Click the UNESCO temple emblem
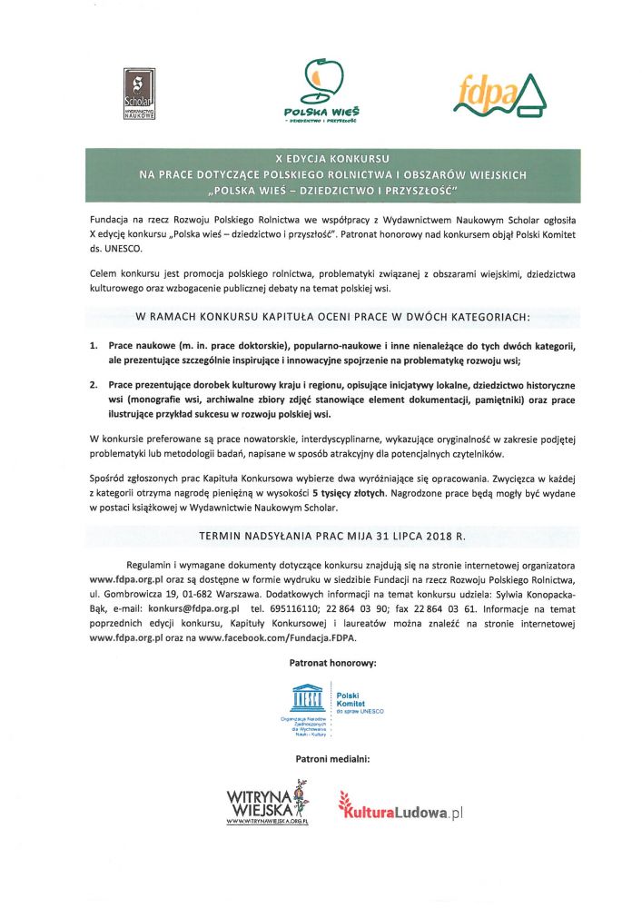click(x=306, y=698)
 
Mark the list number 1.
click(x=94, y=347)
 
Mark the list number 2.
click(x=94, y=385)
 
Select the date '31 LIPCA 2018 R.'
click(x=410, y=537)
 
